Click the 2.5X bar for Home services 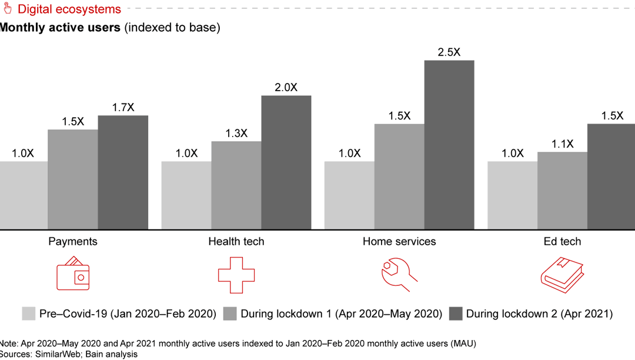(x=449, y=145)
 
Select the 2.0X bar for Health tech (x=286, y=162)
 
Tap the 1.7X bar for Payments (x=123, y=172)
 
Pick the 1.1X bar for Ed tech (x=562, y=191)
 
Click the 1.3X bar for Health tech (x=236, y=185)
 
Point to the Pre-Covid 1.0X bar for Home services (x=349, y=195)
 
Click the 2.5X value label (x=449, y=52)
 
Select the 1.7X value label (x=123, y=108)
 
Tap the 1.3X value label (x=236, y=134)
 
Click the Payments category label (x=73, y=242)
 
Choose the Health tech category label (x=236, y=242)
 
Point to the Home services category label (x=399, y=242)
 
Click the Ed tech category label (x=562, y=242)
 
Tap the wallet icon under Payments (x=73, y=274)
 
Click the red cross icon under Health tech (x=236, y=275)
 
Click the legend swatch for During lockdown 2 (x=455, y=314)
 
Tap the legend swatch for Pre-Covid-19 (x=28, y=314)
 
